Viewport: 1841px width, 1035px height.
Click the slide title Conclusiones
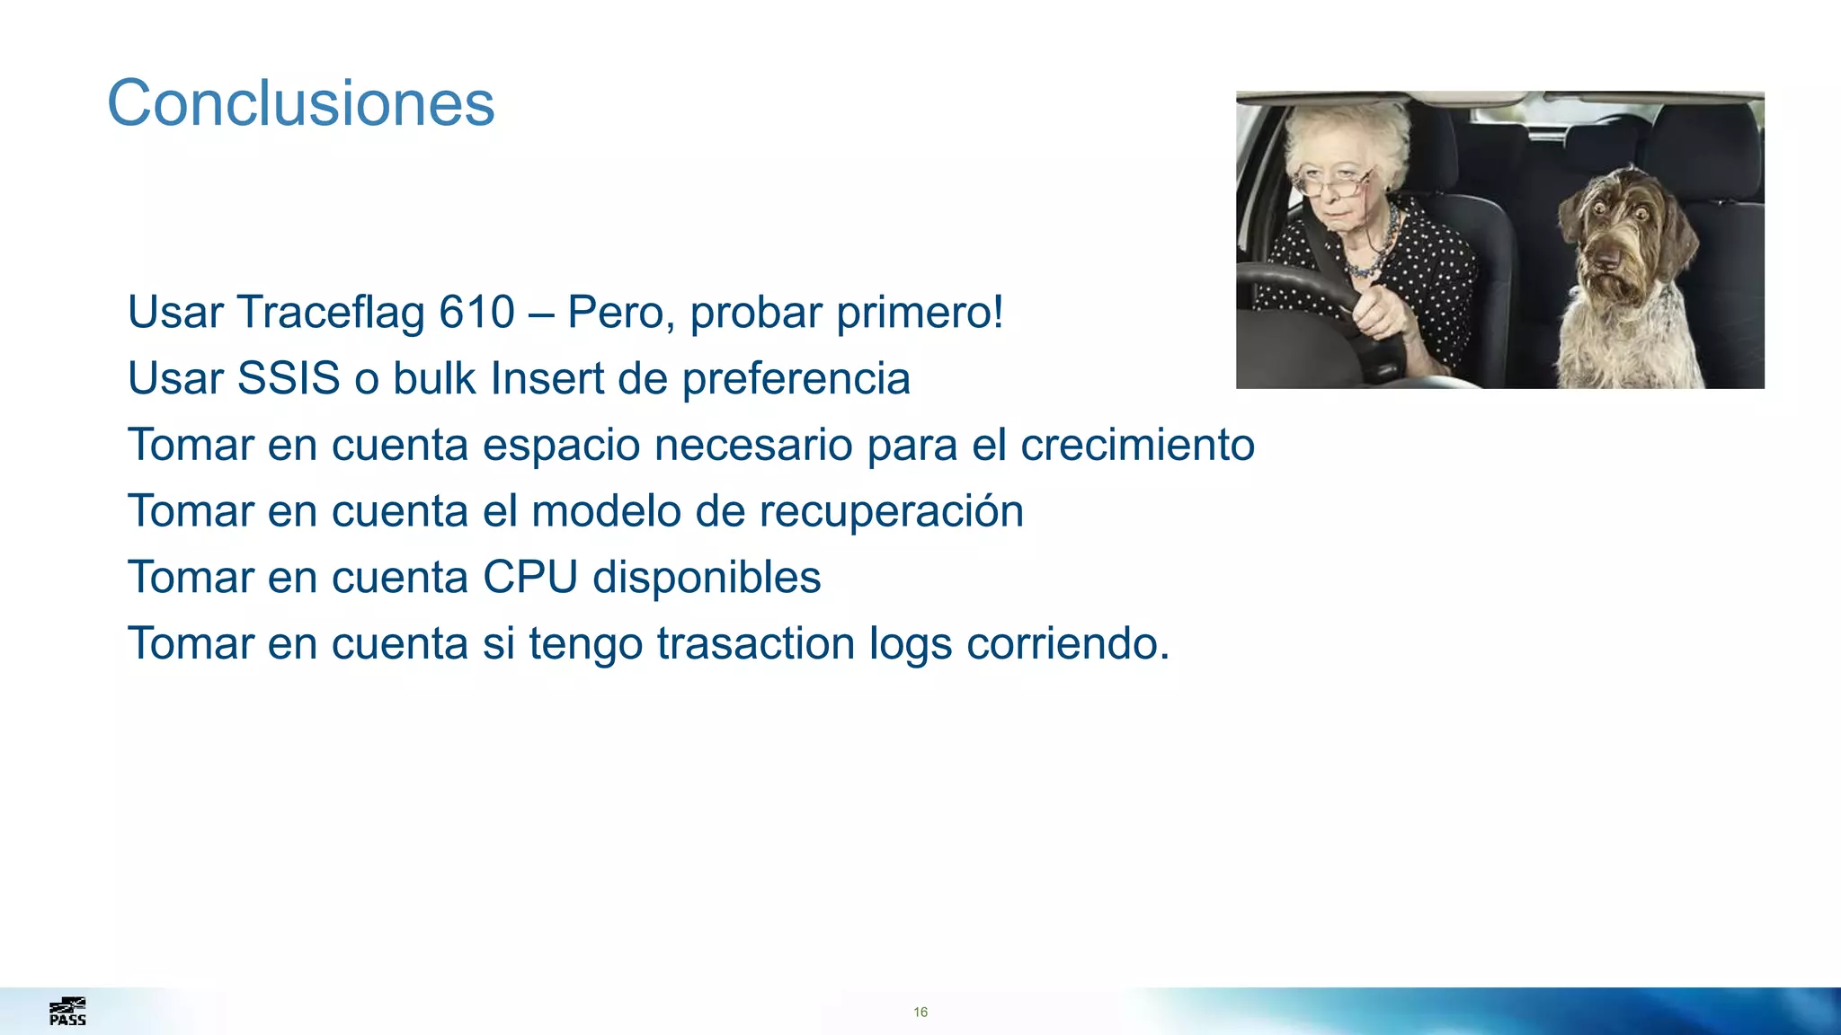(300, 103)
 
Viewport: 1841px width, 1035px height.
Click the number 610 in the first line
(476, 313)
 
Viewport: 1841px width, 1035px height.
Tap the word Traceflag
(331, 314)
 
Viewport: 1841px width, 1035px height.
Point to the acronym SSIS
(288, 378)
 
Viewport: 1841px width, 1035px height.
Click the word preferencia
(796, 378)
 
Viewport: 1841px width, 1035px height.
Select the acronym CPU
(530, 577)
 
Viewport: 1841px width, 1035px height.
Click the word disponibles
(707, 577)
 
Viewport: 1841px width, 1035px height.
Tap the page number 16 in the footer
(920, 1012)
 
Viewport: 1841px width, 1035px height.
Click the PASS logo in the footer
(67, 1012)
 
